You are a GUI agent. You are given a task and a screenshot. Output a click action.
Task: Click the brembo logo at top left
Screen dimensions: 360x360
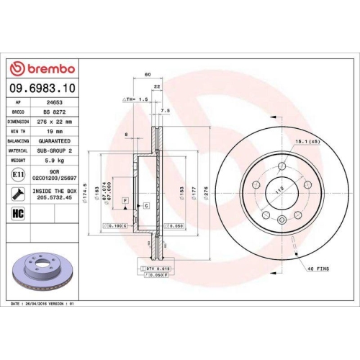click(x=42, y=68)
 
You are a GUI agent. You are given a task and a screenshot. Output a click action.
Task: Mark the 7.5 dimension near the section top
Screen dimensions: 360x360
click(x=165, y=110)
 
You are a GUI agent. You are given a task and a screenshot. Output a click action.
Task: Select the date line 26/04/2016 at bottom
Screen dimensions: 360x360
click(x=45, y=305)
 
